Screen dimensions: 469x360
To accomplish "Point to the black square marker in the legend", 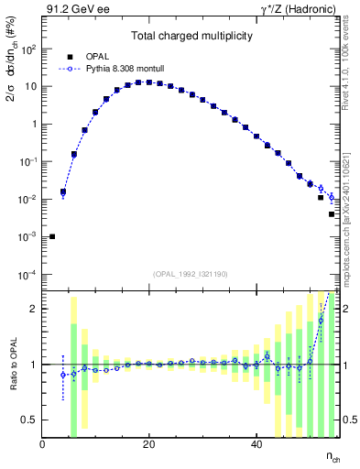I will click(x=70, y=56).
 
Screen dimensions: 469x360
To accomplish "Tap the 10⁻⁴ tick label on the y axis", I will click(x=27, y=275).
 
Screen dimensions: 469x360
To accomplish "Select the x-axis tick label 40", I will click(x=256, y=445).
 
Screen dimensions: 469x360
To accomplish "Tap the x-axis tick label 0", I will click(x=43, y=445).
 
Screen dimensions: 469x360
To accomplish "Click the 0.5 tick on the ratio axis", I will click(x=30, y=420).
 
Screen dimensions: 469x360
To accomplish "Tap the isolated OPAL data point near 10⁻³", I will click(x=52, y=236).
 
